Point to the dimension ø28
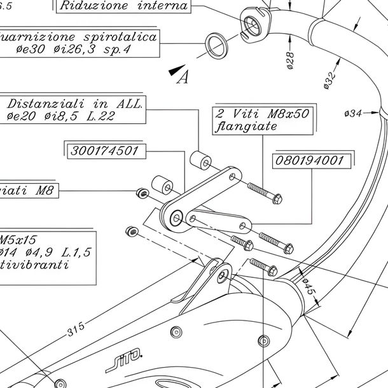[290, 59]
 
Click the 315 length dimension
[75, 330]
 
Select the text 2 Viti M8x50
[263, 114]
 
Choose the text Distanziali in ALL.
[75, 104]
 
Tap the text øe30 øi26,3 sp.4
[73, 49]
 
